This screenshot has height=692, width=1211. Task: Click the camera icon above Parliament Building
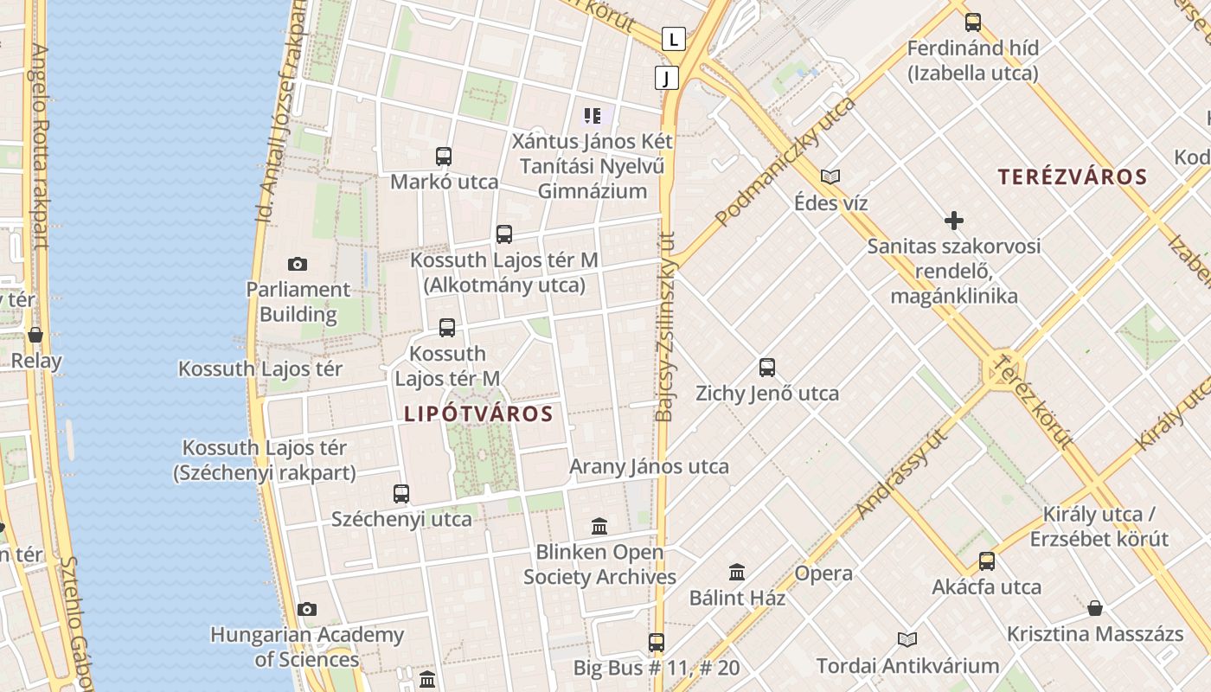(x=298, y=264)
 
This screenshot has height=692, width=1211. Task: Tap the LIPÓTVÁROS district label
(x=478, y=413)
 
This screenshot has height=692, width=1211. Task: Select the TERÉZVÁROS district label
(x=1073, y=177)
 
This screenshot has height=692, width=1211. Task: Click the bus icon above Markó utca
(x=444, y=157)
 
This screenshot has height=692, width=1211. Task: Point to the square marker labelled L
(x=674, y=38)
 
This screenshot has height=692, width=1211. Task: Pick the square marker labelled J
(x=666, y=78)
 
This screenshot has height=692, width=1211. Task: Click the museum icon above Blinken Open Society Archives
(x=599, y=526)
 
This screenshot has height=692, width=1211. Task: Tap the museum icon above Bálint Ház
(x=737, y=572)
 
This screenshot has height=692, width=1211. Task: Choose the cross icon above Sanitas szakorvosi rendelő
(x=954, y=221)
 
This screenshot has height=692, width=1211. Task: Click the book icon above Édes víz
(x=830, y=176)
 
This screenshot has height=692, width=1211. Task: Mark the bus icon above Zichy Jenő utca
(x=767, y=368)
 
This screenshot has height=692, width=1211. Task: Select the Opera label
(x=823, y=573)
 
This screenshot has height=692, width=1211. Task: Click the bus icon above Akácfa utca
(x=987, y=561)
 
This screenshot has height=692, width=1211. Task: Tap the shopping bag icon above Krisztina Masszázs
(x=1095, y=608)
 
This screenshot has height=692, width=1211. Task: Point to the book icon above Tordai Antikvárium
(x=907, y=640)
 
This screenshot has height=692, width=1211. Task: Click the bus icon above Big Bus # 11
(x=657, y=643)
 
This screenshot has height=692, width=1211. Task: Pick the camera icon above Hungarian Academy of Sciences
(x=307, y=610)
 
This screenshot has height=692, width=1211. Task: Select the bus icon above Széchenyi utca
(x=401, y=494)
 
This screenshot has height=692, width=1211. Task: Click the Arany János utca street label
(x=649, y=466)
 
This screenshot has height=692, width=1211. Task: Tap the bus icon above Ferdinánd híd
(x=973, y=22)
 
